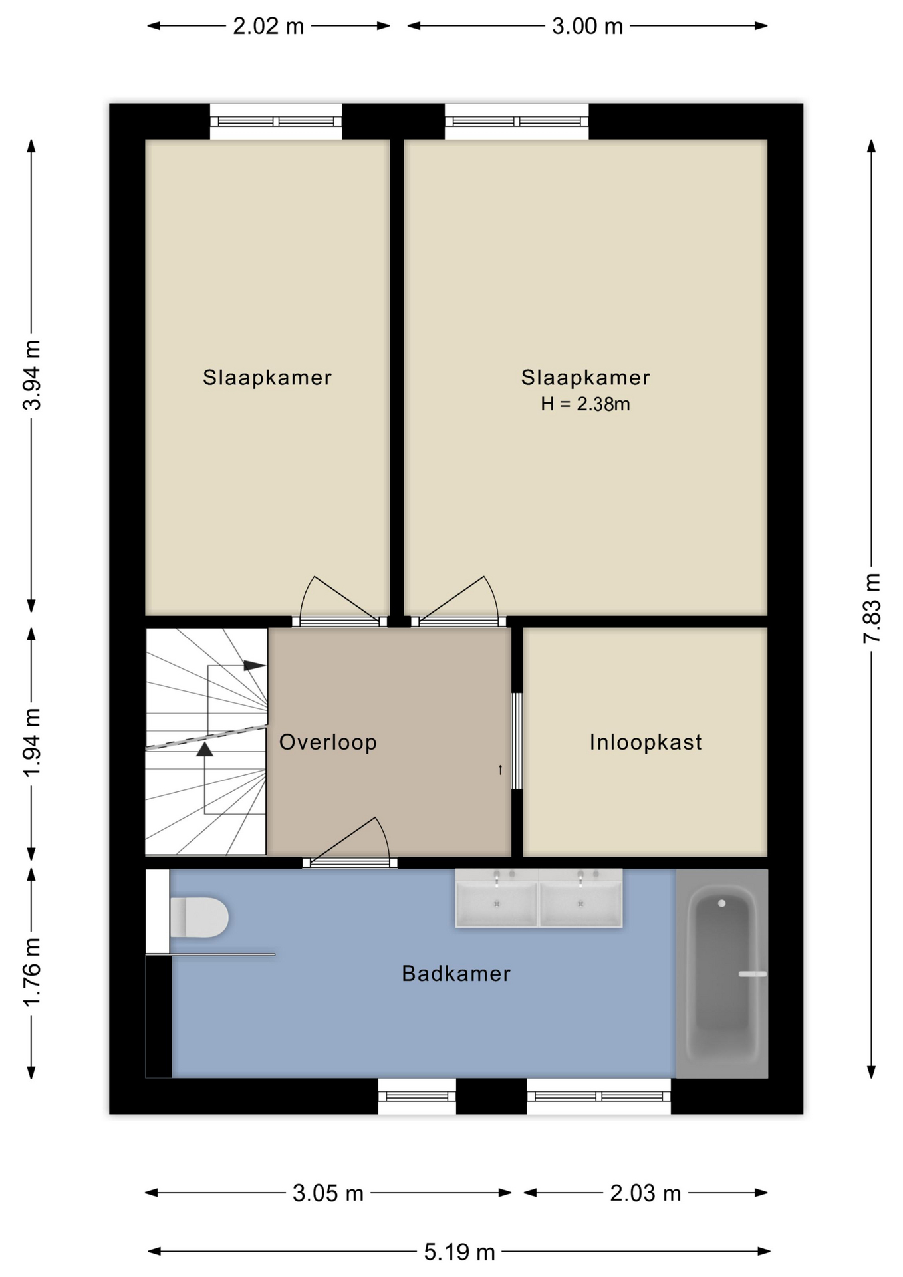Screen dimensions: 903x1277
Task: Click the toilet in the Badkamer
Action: pyautogui.click(x=199, y=917)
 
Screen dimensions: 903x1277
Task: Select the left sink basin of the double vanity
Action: pyautogui.click(x=497, y=898)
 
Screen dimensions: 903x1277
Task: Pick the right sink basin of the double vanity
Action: pyautogui.click(x=580, y=898)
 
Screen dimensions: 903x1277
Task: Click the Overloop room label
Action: pyautogui.click(x=328, y=742)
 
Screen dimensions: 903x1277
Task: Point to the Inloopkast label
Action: pyautogui.click(x=646, y=742)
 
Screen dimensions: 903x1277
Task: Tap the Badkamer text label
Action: pyautogui.click(x=456, y=974)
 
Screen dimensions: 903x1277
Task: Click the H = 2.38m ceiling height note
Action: pyautogui.click(x=585, y=404)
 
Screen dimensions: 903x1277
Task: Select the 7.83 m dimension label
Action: pyautogui.click(x=872, y=608)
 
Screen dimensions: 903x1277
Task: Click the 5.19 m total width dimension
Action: pyautogui.click(x=459, y=1252)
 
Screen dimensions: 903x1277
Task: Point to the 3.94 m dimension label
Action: pyautogui.click(x=32, y=375)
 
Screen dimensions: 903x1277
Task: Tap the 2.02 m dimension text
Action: pyautogui.click(x=268, y=27)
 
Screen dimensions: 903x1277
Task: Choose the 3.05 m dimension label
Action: pyautogui.click(x=328, y=1193)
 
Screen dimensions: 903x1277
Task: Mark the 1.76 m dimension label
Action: pyautogui.click(x=32, y=972)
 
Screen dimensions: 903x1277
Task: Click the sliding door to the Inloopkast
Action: pyautogui.click(x=517, y=741)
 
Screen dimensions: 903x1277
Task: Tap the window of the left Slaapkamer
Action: pyautogui.click(x=276, y=122)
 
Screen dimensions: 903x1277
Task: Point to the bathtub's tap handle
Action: pyautogui.click(x=753, y=974)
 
